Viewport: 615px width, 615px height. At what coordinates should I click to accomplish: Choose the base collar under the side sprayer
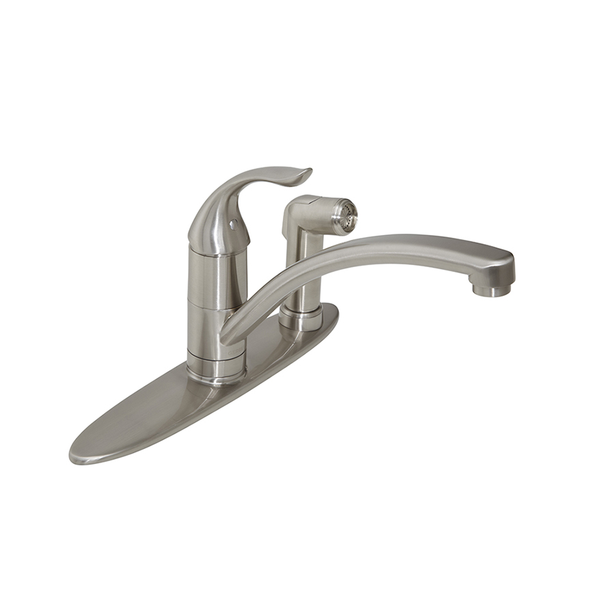[301, 318]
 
